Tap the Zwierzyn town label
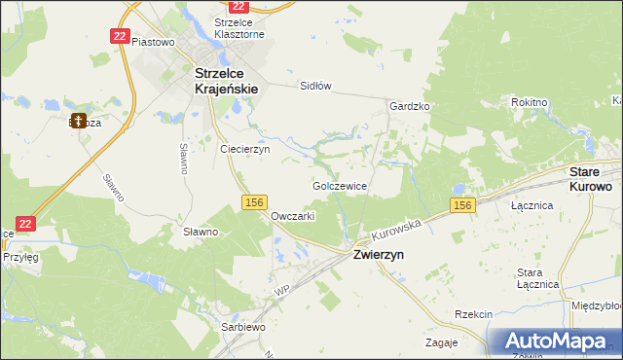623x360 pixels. point(378,254)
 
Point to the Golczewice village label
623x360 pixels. point(339,184)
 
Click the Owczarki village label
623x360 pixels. point(292,216)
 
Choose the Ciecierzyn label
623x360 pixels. point(244,150)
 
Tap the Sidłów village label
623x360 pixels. point(315,86)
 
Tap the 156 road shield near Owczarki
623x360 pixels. point(254,201)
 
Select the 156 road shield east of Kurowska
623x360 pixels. point(462,205)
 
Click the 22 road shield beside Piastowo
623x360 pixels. point(120,35)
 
